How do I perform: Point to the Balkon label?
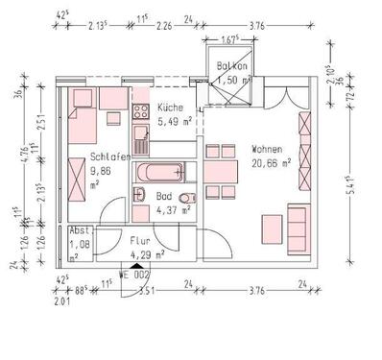(x=232, y=66)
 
